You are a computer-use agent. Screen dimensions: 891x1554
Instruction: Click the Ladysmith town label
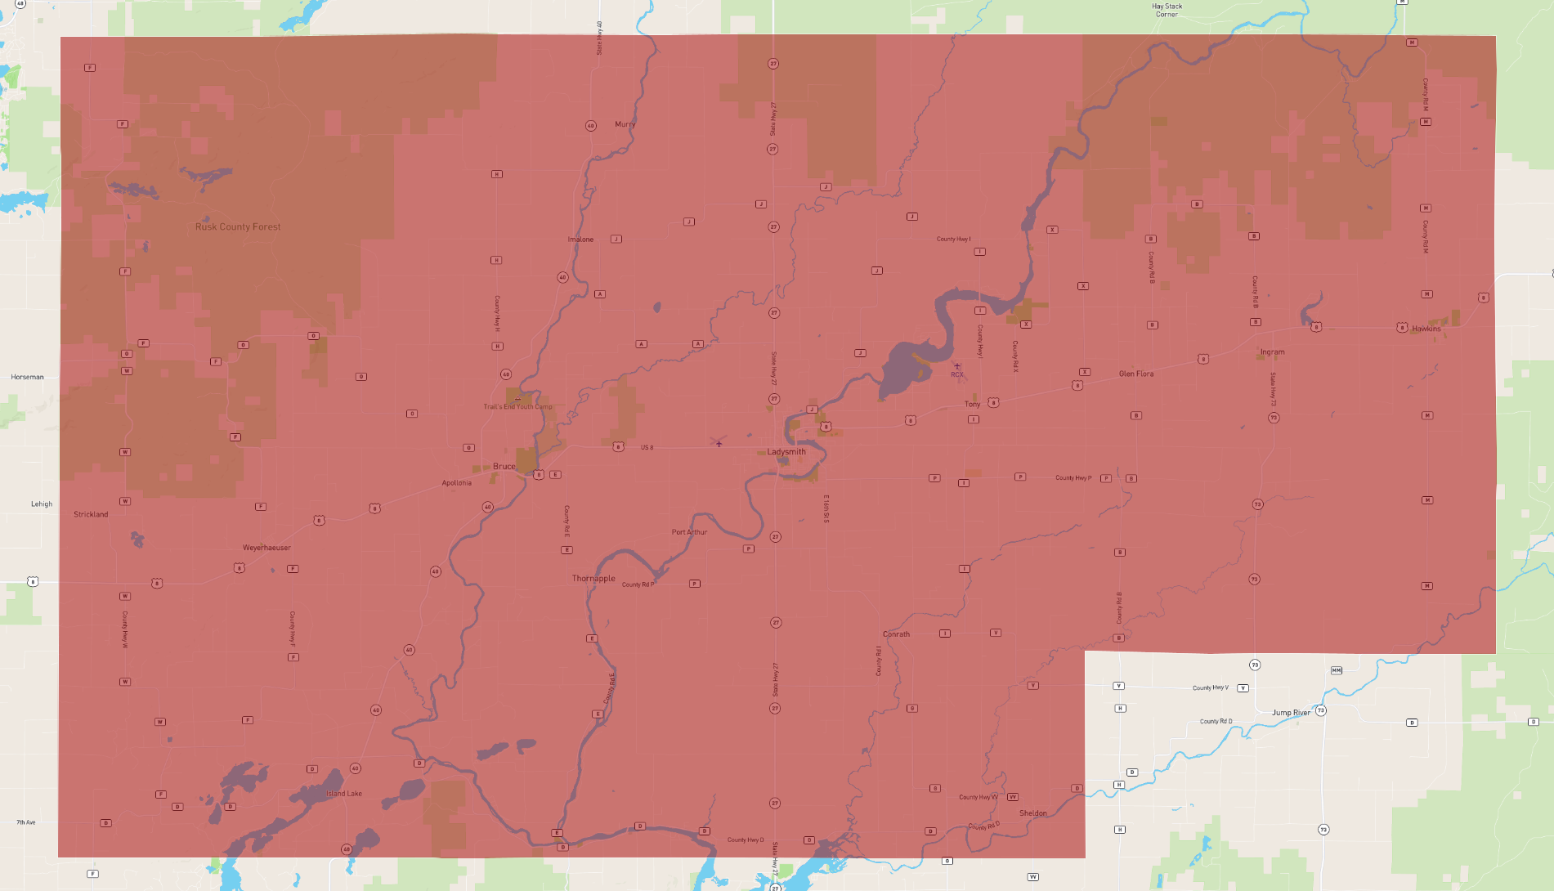[x=786, y=452]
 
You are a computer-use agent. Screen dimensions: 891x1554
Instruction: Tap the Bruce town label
[x=504, y=467]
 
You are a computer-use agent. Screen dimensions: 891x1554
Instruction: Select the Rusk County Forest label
[x=238, y=227]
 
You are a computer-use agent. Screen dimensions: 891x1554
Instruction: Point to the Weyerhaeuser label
[x=266, y=548]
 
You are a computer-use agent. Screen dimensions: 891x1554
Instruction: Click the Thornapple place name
[x=593, y=579]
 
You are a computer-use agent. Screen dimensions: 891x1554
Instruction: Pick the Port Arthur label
[x=689, y=532]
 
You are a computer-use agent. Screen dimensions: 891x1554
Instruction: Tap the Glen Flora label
[x=1136, y=374]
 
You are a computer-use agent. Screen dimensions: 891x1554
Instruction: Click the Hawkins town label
[x=1426, y=329]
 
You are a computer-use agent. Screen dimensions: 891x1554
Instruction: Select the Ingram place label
[x=1272, y=352]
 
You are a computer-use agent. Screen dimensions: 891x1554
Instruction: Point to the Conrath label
[x=896, y=634]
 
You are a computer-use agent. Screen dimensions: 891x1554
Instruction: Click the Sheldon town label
[x=1032, y=813]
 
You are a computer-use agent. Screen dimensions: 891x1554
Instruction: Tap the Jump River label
[x=1291, y=713]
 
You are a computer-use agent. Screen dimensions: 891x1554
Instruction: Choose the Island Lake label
[x=344, y=794]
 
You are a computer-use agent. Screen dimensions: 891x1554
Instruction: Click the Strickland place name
[x=91, y=515]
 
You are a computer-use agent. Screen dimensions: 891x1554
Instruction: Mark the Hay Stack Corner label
[x=1167, y=11]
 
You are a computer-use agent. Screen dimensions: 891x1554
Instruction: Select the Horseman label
[x=27, y=378]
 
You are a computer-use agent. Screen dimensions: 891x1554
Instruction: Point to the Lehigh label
[x=42, y=504]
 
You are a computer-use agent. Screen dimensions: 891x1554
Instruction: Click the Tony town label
[x=972, y=405]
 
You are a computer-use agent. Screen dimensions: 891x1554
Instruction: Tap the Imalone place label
[x=580, y=240]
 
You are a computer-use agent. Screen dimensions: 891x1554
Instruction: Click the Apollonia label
[x=456, y=483]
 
